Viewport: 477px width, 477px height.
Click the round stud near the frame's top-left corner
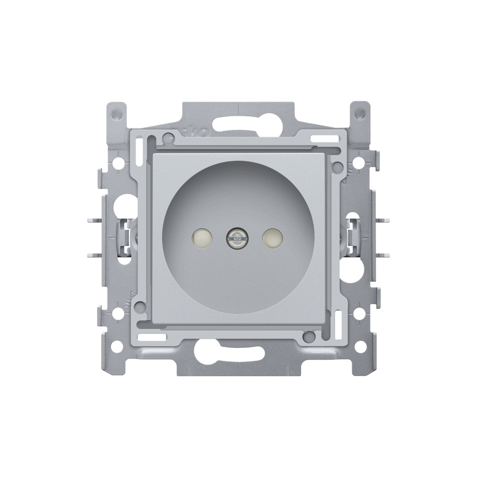coord(167,137)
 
